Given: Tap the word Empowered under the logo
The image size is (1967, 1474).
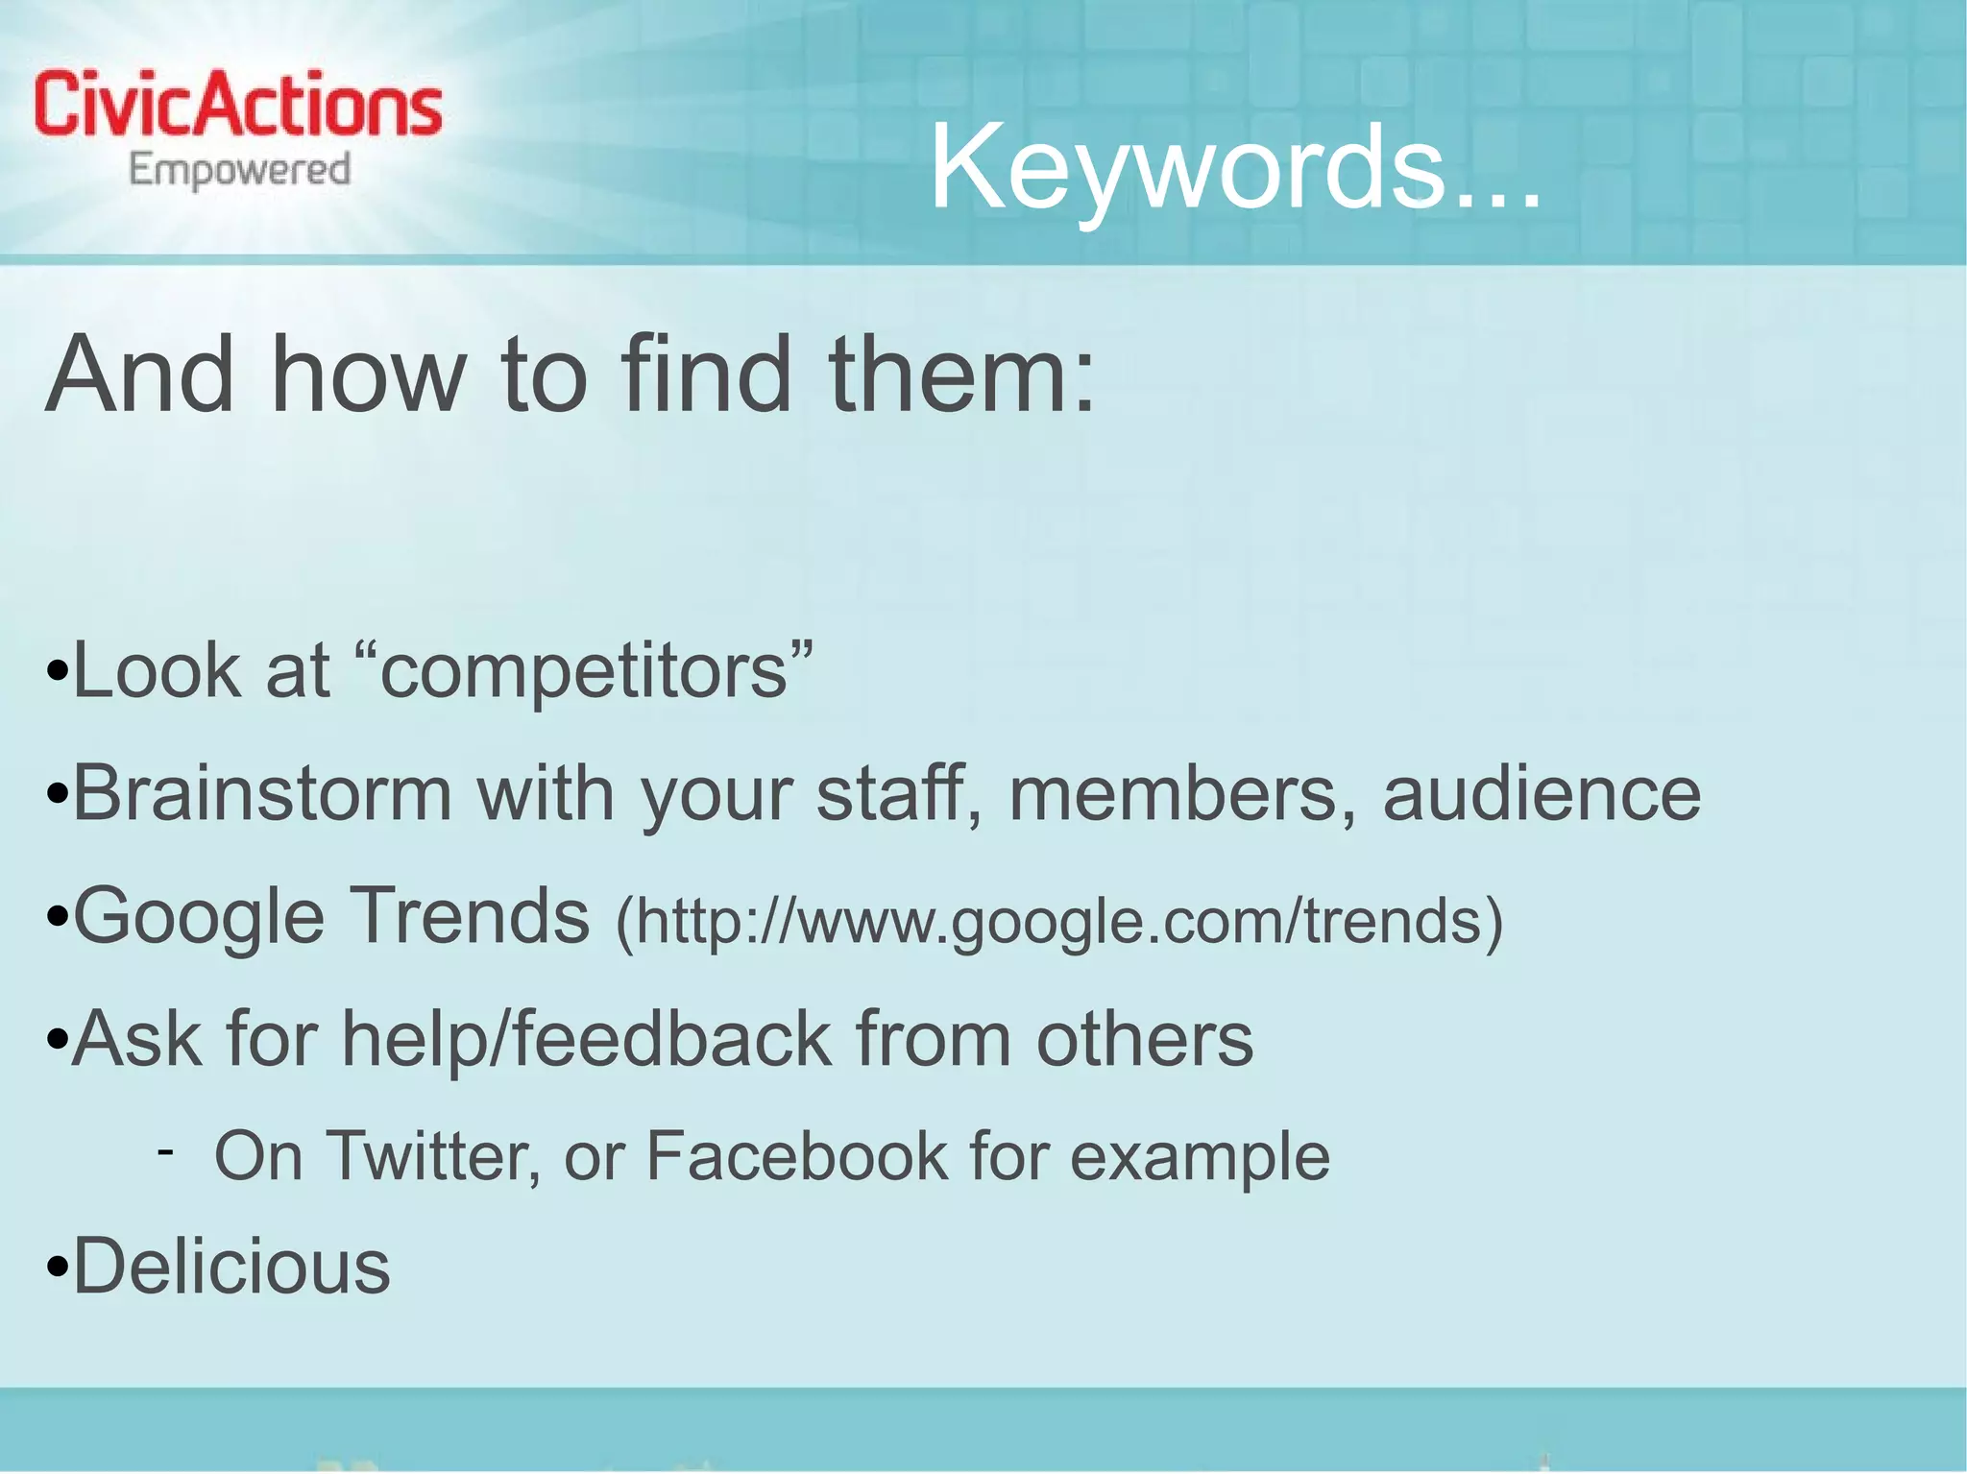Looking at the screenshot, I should tap(240, 171).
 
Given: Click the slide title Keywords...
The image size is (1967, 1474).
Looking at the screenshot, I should tap(1235, 167).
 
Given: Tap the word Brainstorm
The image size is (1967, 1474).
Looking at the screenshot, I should tap(262, 794).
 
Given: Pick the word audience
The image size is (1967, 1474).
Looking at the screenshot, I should tap(1542, 794).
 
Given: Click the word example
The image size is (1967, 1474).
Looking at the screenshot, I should tap(1201, 1157).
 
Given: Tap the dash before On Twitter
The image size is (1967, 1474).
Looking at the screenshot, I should tap(166, 1150).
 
